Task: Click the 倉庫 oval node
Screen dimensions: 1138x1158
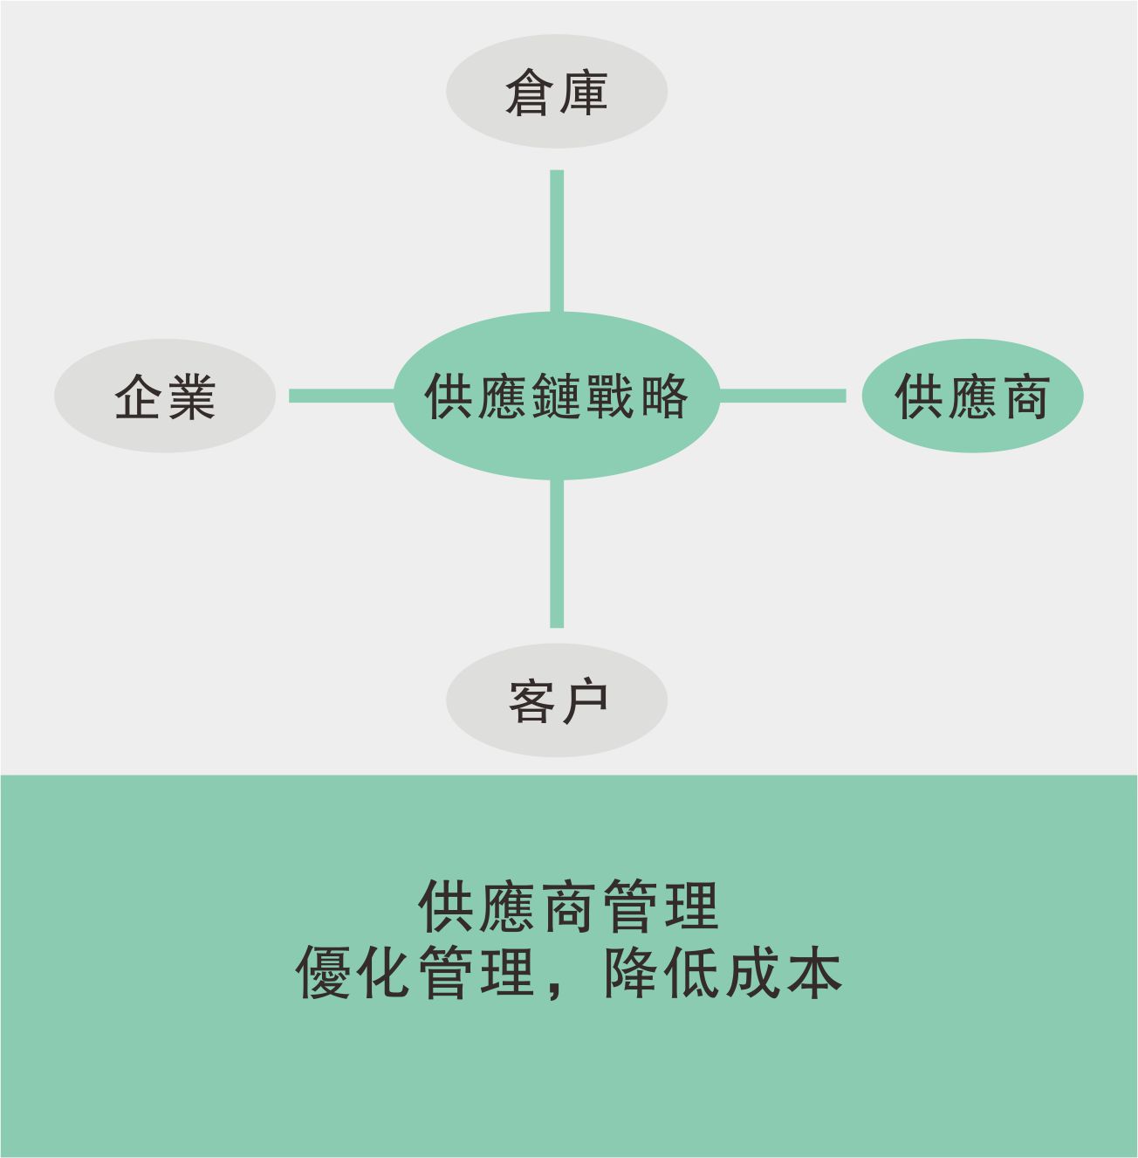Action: [x=557, y=92]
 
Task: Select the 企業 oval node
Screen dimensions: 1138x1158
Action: [x=165, y=396]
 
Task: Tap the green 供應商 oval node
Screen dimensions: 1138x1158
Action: [x=973, y=396]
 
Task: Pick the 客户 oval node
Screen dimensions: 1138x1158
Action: [x=557, y=700]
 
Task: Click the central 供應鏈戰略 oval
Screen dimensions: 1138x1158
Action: [x=557, y=396]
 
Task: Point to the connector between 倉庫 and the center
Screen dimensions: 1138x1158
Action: [x=557, y=241]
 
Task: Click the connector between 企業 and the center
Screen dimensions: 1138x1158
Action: [x=342, y=396]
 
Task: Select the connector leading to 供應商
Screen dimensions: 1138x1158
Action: [x=783, y=396]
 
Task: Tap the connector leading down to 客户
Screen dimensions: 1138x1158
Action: [x=557, y=554]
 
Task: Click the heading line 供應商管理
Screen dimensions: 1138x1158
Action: [x=569, y=907]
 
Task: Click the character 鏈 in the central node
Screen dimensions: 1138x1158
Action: [x=556, y=396]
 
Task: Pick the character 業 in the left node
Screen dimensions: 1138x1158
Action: [x=192, y=396]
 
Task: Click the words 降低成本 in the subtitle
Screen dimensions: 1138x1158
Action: [x=723, y=974]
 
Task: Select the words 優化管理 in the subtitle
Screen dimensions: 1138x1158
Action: [x=415, y=974]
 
